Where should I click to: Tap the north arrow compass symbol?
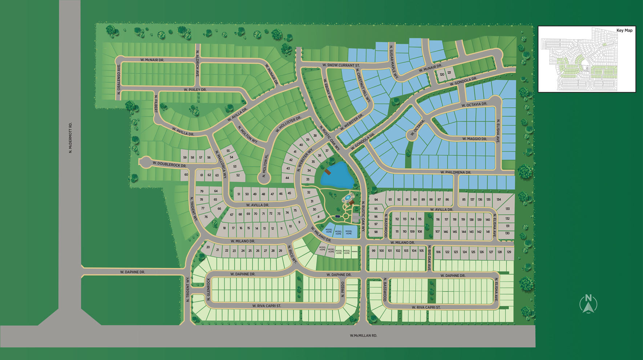588,304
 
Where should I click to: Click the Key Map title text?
624,31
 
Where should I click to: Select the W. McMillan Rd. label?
363,336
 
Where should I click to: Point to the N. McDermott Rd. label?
70,138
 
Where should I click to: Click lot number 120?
442,74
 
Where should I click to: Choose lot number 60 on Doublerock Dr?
186,175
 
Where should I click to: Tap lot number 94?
376,199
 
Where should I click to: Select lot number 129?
509,252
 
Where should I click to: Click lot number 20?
208,247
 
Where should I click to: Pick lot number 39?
308,139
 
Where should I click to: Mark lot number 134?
499,199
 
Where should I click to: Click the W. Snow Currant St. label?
341,65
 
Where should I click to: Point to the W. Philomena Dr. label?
456,173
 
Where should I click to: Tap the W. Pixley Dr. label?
195,90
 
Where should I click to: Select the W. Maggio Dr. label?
474,139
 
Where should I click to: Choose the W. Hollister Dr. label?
288,125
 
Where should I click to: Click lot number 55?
228,151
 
